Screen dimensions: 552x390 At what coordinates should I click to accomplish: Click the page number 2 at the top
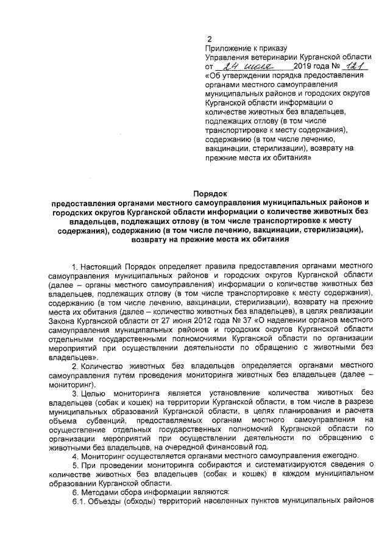(210, 39)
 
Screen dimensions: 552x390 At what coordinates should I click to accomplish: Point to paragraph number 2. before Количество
(76, 365)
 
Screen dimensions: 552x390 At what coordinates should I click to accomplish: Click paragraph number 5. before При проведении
(76, 464)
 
